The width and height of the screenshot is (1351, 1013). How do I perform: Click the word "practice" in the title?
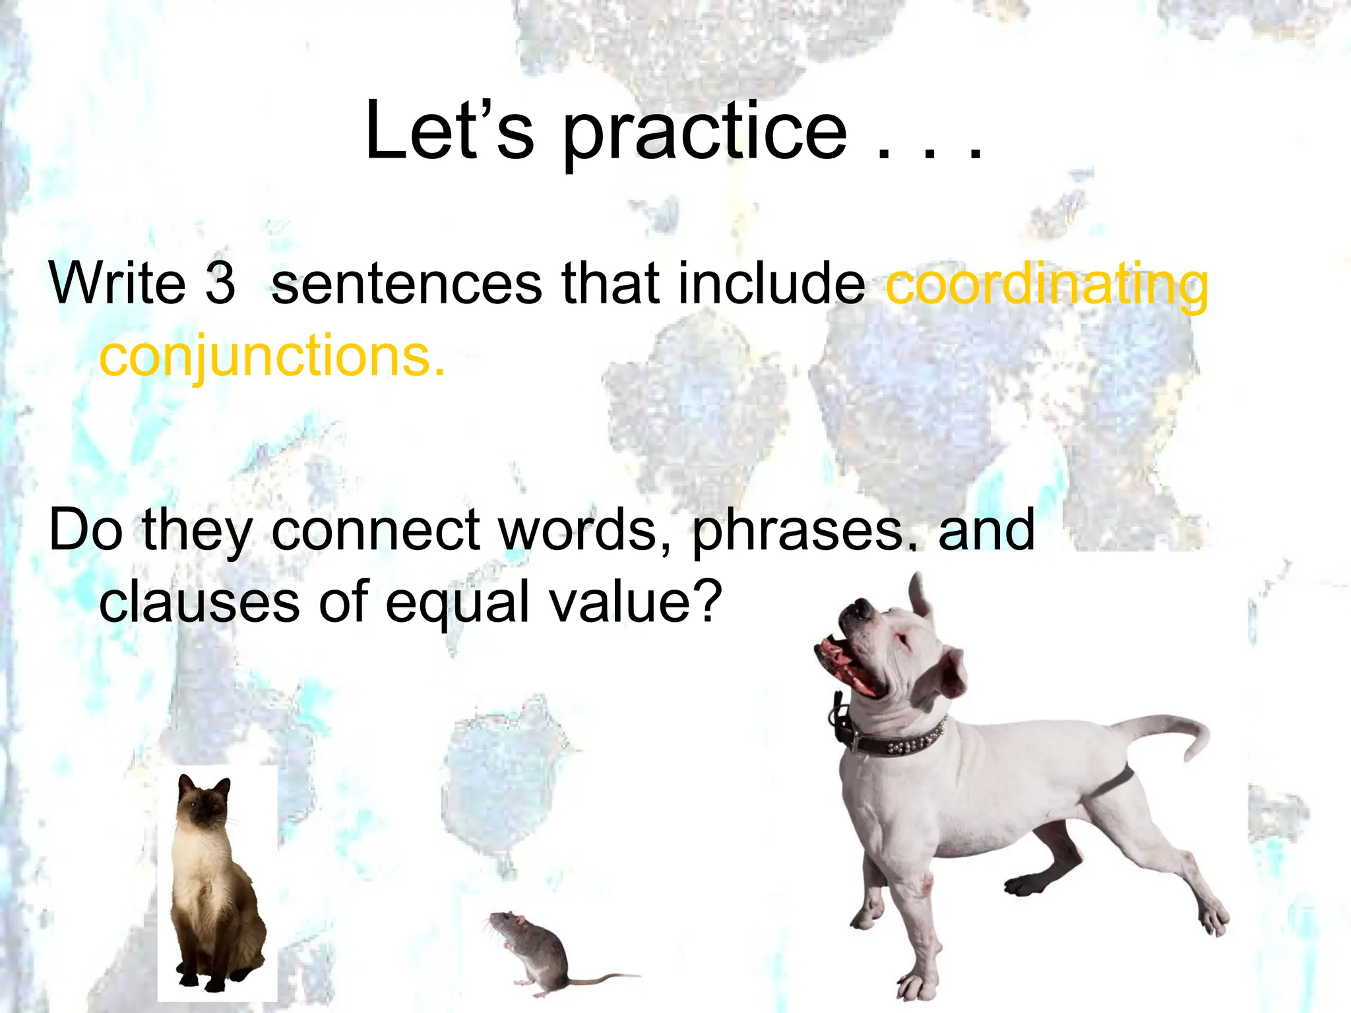(x=705, y=132)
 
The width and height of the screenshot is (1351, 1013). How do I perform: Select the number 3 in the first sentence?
(x=220, y=284)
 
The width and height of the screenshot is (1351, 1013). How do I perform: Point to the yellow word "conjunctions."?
(x=272, y=356)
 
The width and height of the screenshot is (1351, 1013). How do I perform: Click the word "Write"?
(x=117, y=284)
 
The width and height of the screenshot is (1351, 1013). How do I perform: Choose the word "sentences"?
(x=406, y=284)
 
